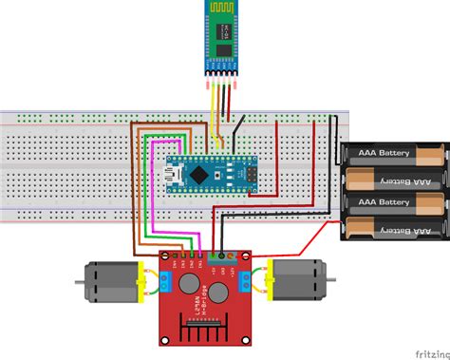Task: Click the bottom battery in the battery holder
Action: [392, 226]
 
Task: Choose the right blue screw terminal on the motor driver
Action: [246, 280]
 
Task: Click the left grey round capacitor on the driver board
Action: [187, 282]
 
